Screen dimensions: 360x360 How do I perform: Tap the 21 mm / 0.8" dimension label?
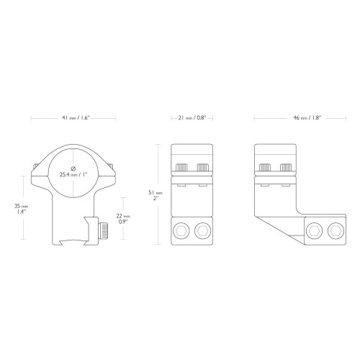pyautogui.click(x=192, y=118)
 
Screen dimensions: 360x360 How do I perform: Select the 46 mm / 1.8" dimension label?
pyautogui.click(x=307, y=118)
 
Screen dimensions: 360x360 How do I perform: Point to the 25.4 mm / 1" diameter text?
pyautogui.click(x=73, y=174)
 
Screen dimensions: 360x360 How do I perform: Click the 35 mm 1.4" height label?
pyautogui.click(x=21, y=209)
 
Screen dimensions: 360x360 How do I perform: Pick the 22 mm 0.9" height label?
pyautogui.click(x=123, y=219)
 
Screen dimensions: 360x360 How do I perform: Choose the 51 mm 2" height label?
pyautogui.click(x=156, y=195)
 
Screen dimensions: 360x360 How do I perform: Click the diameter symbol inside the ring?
pyautogui.click(x=73, y=168)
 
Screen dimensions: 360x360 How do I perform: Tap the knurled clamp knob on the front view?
pyautogui.click(x=103, y=231)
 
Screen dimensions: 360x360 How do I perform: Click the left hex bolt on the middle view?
pyautogui.click(x=181, y=231)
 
